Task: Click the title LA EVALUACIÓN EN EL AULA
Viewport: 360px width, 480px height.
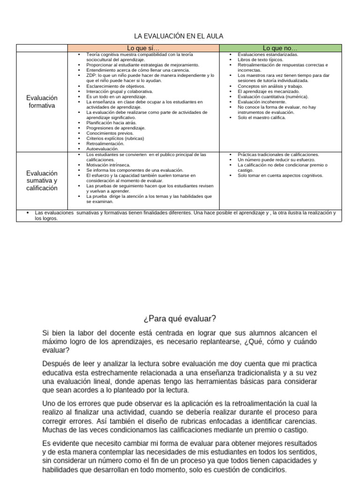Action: (179, 36)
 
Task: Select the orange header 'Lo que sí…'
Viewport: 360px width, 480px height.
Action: (143, 48)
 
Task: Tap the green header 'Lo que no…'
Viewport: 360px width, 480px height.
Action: (280, 48)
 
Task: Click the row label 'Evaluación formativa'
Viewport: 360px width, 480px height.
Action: (42, 102)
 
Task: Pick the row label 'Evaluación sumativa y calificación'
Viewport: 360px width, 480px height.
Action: (42, 180)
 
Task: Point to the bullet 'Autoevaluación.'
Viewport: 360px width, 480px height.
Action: (102, 149)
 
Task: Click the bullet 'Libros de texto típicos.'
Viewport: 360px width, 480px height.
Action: (260, 60)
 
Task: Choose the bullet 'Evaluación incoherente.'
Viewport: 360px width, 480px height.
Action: (261, 102)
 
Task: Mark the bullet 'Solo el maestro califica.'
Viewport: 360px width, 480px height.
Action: (262, 118)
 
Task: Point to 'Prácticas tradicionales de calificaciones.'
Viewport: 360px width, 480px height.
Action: (278, 155)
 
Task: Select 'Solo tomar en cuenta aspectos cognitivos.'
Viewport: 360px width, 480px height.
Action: (280, 175)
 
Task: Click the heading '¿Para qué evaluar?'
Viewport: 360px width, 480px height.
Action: (180, 319)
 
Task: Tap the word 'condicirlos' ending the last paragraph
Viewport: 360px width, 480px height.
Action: (267, 471)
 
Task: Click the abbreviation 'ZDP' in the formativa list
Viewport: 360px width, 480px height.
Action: (91, 75)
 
